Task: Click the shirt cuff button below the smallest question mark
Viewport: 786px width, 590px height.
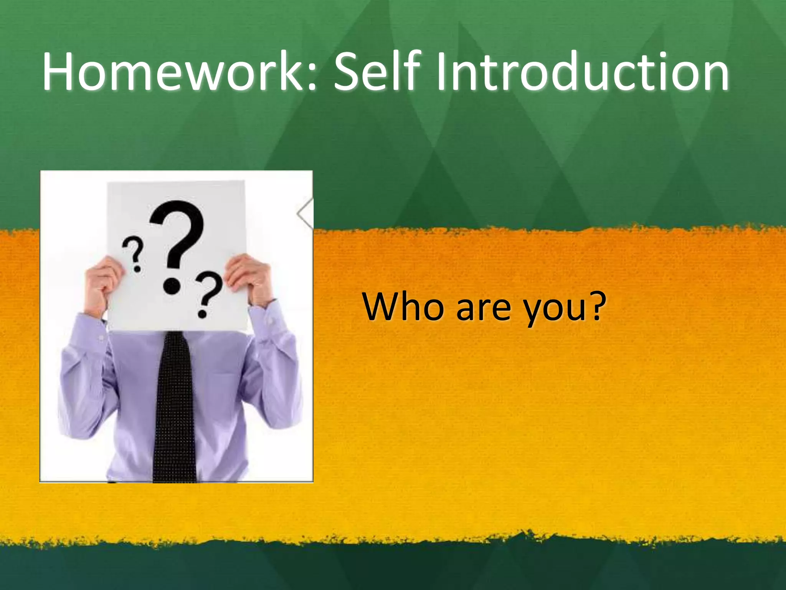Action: click(101, 338)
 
